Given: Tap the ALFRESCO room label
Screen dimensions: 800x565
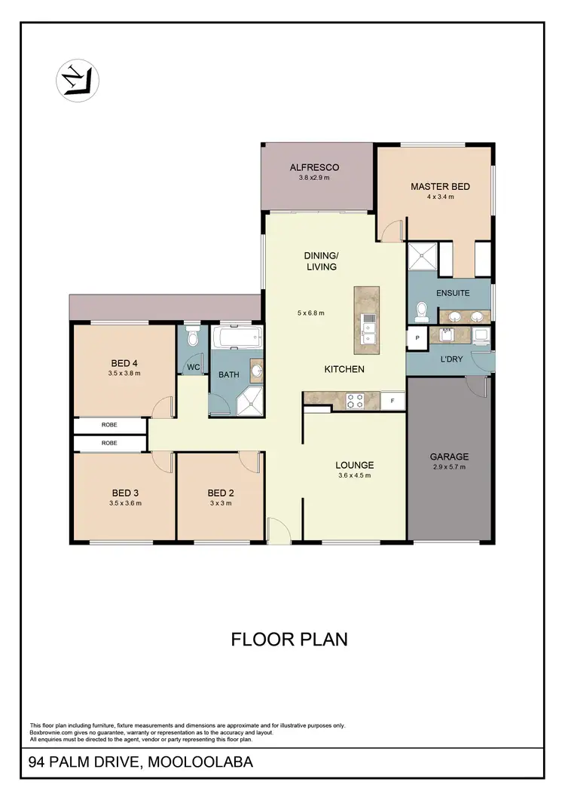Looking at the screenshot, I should pyautogui.click(x=314, y=167).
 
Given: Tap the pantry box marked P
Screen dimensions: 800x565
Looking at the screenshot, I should pyautogui.click(x=416, y=338).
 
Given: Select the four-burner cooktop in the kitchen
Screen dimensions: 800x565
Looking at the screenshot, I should pyautogui.click(x=355, y=402).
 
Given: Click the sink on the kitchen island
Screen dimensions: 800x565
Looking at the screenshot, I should pyautogui.click(x=368, y=329).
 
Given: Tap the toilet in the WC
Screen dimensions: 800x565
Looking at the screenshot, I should pyautogui.click(x=193, y=337).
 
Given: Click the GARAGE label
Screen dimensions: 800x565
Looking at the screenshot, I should pyautogui.click(x=449, y=456).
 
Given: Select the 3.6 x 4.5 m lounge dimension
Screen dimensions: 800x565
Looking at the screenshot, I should pyautogui.click(x=354, y=475).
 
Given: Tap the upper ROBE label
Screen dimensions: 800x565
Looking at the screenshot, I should pyautogui.click(x=109, y=426).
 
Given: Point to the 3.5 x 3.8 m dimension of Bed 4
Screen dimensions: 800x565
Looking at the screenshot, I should pyautogui.click(x=125, y=373).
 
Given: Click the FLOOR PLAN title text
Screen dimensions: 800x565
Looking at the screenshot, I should pyautogui.click(x=289, y=640).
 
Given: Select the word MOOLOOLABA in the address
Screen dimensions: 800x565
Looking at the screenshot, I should pyautogui.click(x=201, y=762).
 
